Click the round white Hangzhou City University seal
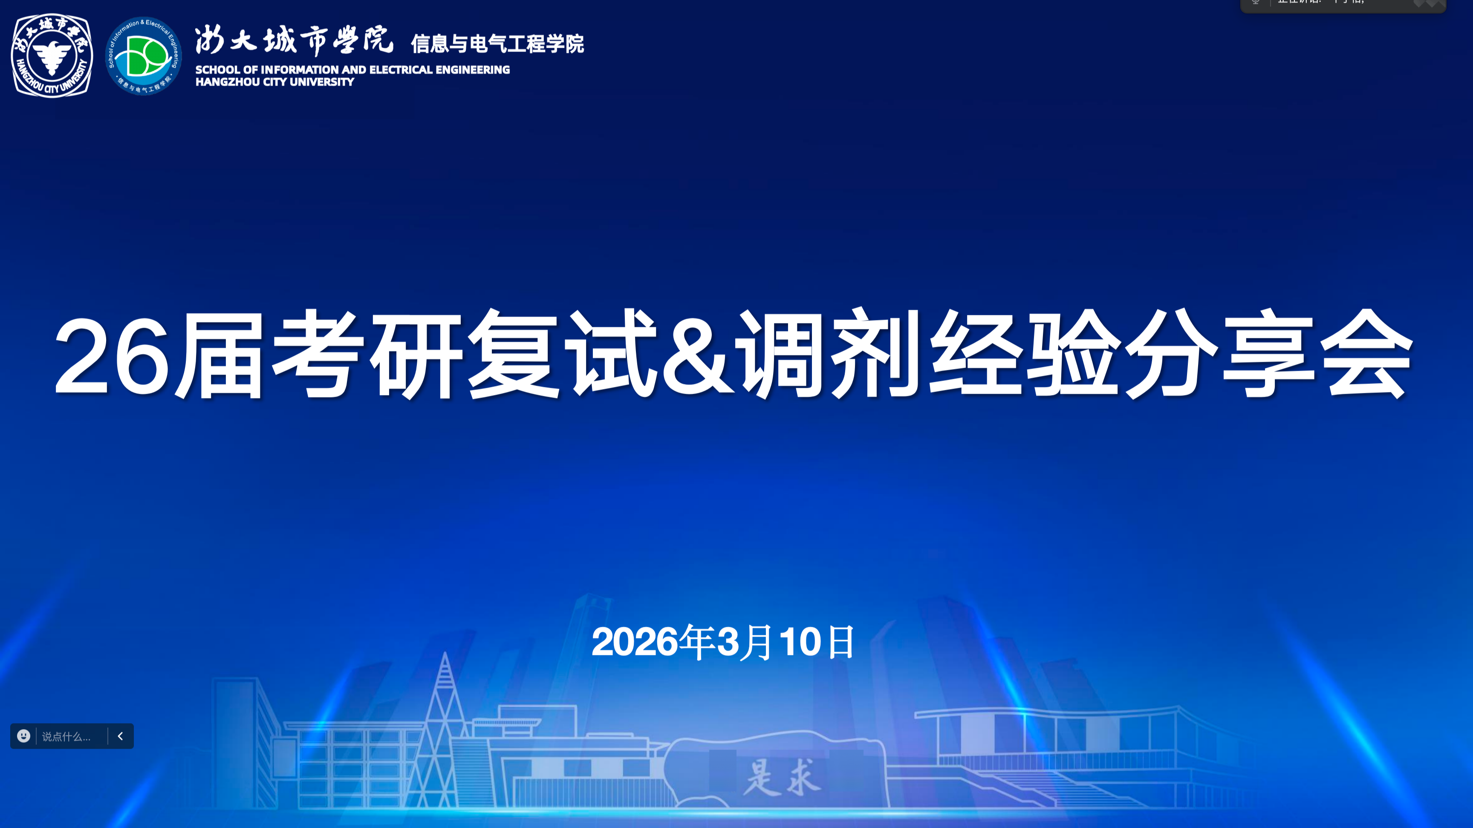tap(52, 55)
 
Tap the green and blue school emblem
tap(144, 55)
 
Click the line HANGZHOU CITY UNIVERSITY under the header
tap(274, 82)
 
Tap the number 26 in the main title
tap(112, 356)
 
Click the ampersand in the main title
tap(698, 356)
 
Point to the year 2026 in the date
tap(634, 642)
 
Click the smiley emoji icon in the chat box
tap(23, 736)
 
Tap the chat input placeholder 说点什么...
tap(66, 736)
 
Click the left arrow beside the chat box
tap(120, 736)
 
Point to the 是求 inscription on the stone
tap(782, 778)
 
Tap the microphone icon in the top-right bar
tap(1256, 2)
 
